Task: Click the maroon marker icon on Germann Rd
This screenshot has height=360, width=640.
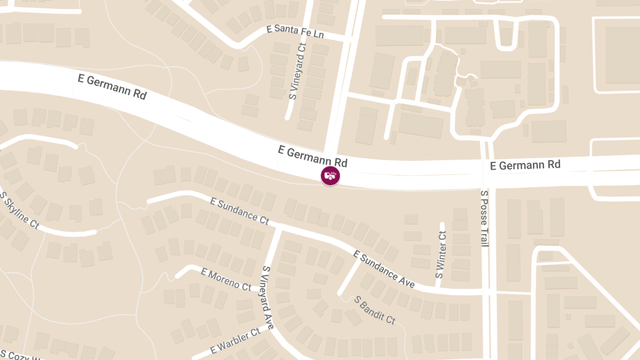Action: [x=330, y=175]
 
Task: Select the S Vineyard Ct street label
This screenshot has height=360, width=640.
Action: [x=297, y=71]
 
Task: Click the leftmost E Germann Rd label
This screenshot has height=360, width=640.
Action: [x=112, y=87]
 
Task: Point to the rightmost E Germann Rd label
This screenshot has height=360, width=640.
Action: [x=525, y=165]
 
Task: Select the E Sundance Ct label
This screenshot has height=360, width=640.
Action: [x=239, y=211]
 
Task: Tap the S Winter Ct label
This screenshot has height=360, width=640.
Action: [x=441, y=254]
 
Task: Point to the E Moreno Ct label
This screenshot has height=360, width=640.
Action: [x=226, y=279]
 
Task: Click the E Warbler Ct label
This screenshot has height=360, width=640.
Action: [x=235, y=341]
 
